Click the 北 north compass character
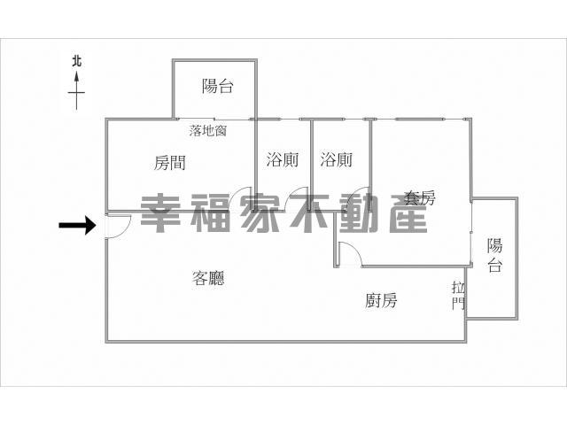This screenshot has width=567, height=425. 76,61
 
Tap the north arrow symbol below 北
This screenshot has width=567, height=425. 76,90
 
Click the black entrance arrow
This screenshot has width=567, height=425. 77,225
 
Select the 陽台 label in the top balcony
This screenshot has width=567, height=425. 218,86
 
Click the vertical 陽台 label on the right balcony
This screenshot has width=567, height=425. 494,255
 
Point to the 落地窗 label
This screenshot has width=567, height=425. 208,130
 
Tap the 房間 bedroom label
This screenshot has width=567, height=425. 170,163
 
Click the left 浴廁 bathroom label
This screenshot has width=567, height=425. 283,159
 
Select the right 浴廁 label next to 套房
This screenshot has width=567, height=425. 337,159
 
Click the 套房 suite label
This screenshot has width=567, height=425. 419,197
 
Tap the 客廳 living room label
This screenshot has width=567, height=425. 208,278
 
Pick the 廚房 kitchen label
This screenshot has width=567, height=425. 381,300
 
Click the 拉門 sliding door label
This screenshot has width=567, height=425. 459,297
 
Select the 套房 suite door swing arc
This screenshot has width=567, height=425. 356,250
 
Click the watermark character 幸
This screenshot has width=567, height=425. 160,212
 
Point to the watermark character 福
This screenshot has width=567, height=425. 210,212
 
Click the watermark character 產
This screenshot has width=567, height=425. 408,212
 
